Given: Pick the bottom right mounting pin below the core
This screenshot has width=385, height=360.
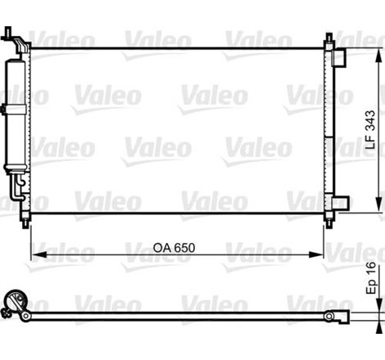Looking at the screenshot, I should pos(329,222).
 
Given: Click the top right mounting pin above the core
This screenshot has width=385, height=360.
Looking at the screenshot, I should pos(329,38).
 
